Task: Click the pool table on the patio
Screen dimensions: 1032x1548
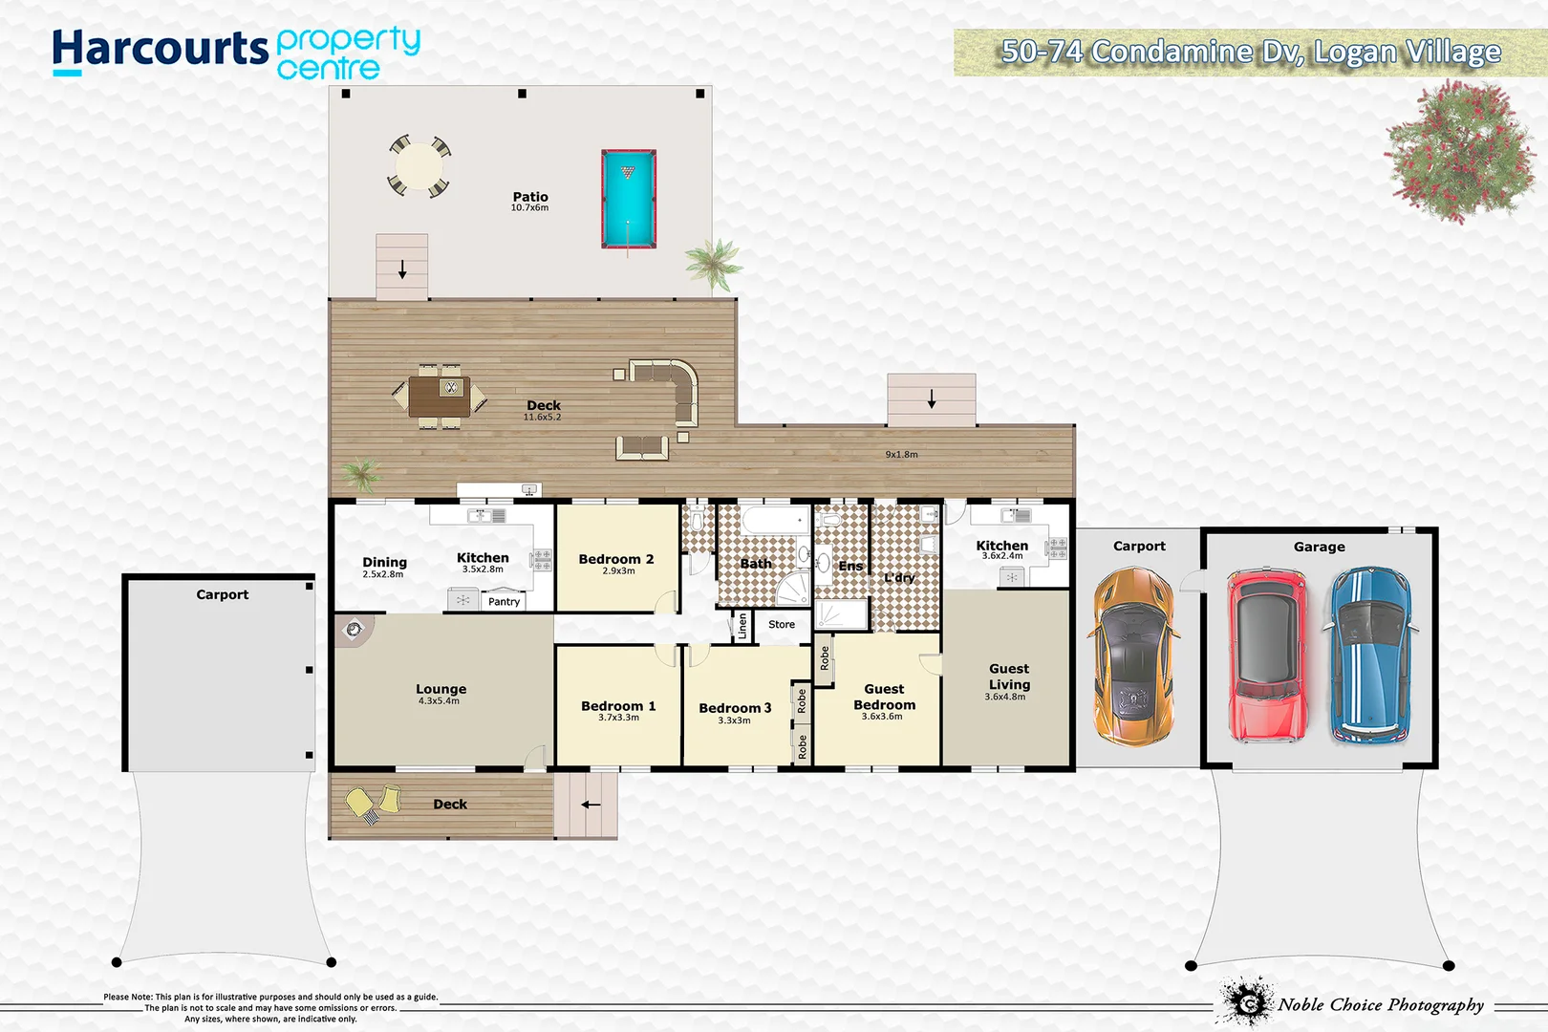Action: [x=628, y=198]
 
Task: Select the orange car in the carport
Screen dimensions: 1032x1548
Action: [x=1132, y=656]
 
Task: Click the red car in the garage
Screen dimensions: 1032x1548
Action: [x=1266, y=656]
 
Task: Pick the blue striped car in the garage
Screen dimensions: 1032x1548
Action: [x=1369, y=656]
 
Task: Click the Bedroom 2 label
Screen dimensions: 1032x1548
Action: [x=615, y=559]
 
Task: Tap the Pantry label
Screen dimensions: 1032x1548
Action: [x=504, y=602]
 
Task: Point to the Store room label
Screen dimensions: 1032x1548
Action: [x=781, y=624]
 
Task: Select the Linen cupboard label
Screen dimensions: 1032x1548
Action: [x=742, y=626]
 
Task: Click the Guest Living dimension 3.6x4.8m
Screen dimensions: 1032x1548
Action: [x=1005, y=698]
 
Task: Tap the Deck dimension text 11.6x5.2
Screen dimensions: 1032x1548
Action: [x=542, y=418]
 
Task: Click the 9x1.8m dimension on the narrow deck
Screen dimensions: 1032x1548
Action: [x=901, y=455]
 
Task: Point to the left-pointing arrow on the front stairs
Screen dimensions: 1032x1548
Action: [x=591, y=805]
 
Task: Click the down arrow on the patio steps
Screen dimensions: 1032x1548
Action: [x=402, y=269]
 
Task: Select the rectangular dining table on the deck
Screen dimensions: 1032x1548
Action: [x=439, y=396]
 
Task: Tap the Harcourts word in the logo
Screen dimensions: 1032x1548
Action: [x=161, y=49]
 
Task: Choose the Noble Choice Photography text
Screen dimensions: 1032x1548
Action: [x=1380, y=1004]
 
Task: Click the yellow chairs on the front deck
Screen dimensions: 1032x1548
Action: [x=373, y=802]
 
